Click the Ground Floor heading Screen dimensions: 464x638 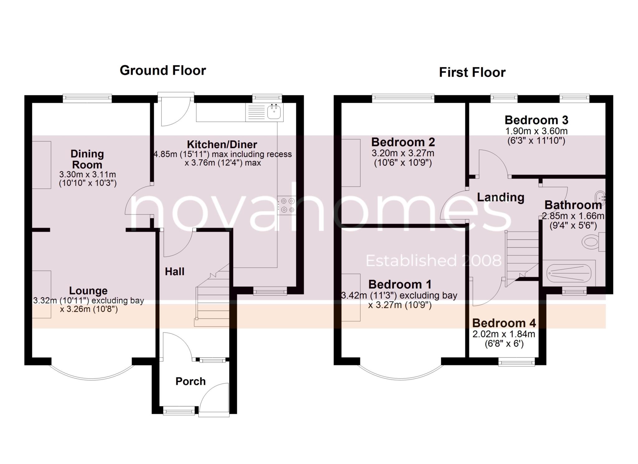click(x=163, y=70)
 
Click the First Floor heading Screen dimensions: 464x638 click(x=472, y=73)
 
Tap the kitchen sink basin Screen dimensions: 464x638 click(x=274, y=112)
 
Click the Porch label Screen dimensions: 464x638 click(x=190, y=381)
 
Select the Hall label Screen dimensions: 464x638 click(x=174, y=272)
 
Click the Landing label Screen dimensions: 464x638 click(x=501, y=198)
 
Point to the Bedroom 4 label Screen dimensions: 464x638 click(x=504, y=323)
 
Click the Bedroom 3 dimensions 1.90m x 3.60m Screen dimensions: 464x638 click(x=536, y=131)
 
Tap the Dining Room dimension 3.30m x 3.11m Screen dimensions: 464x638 click(x=88, y=175)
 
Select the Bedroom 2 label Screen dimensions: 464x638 click(x=403, y=142)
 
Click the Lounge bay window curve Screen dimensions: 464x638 click(x=92, y=378)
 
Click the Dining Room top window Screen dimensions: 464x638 click(x=87, y=99)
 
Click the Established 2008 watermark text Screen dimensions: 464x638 click(x=433, y=261)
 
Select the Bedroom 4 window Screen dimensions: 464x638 click(x=517, y=361)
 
